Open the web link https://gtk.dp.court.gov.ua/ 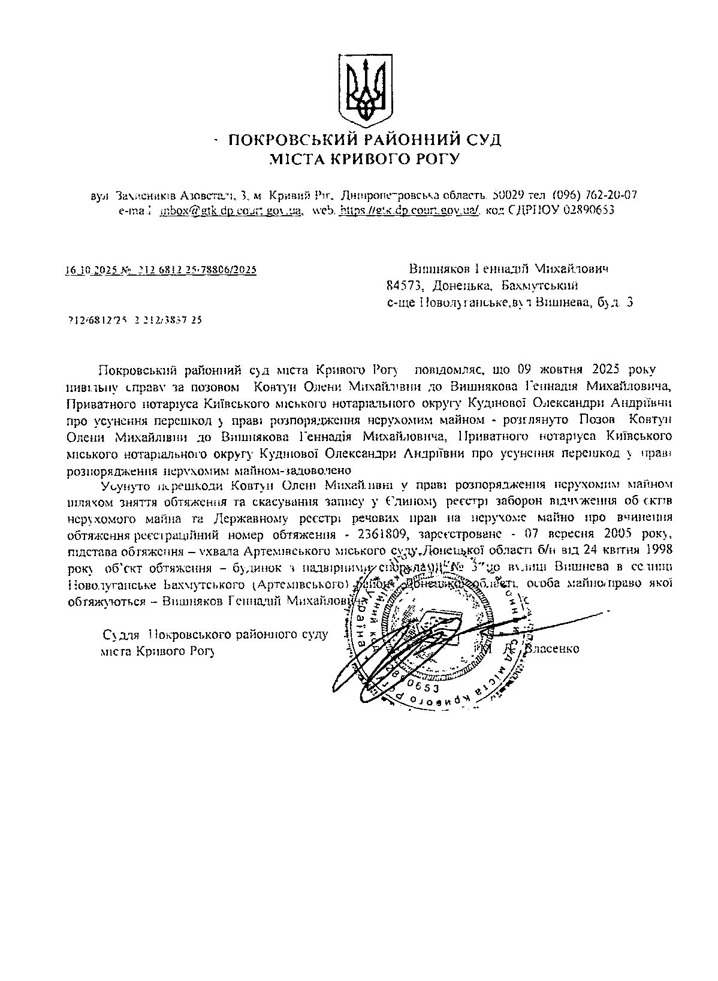tap(409, 211)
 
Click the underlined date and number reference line tap(161, 270)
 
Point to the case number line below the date tap(135, 320)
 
